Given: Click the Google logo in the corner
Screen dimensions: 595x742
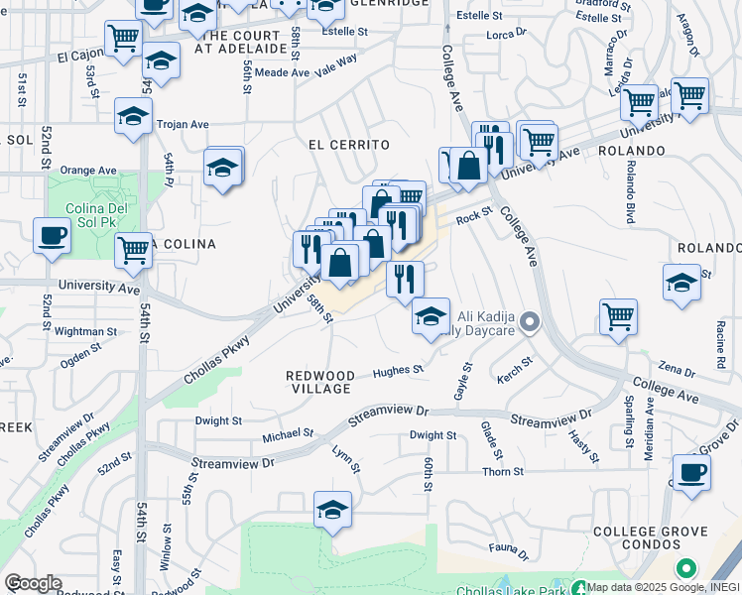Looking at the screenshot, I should click(33, 583).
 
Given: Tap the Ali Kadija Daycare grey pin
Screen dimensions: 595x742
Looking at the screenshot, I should click(531, 322).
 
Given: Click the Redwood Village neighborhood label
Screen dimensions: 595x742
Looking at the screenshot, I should click(319, 382).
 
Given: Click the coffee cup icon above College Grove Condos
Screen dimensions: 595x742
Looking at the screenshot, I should click(691, 471).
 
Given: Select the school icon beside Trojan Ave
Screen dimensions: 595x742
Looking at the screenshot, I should click(133, 116).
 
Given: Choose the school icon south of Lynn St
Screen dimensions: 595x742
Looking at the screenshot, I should click(332, 510).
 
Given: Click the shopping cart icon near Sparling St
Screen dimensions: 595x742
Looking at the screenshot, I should click(618, 317).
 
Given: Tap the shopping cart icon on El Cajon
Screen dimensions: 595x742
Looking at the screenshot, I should click(123, 40).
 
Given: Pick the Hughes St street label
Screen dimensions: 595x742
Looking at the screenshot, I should click(398, 371).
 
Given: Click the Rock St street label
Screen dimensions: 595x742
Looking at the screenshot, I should click(473, 217).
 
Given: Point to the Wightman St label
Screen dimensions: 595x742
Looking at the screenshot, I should click(85, 331).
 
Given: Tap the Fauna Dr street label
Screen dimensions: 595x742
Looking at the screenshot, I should click(509, 546).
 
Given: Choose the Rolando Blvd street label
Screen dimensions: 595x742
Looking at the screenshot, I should click(630, 188).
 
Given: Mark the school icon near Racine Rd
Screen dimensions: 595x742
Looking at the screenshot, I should click(681, 282).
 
